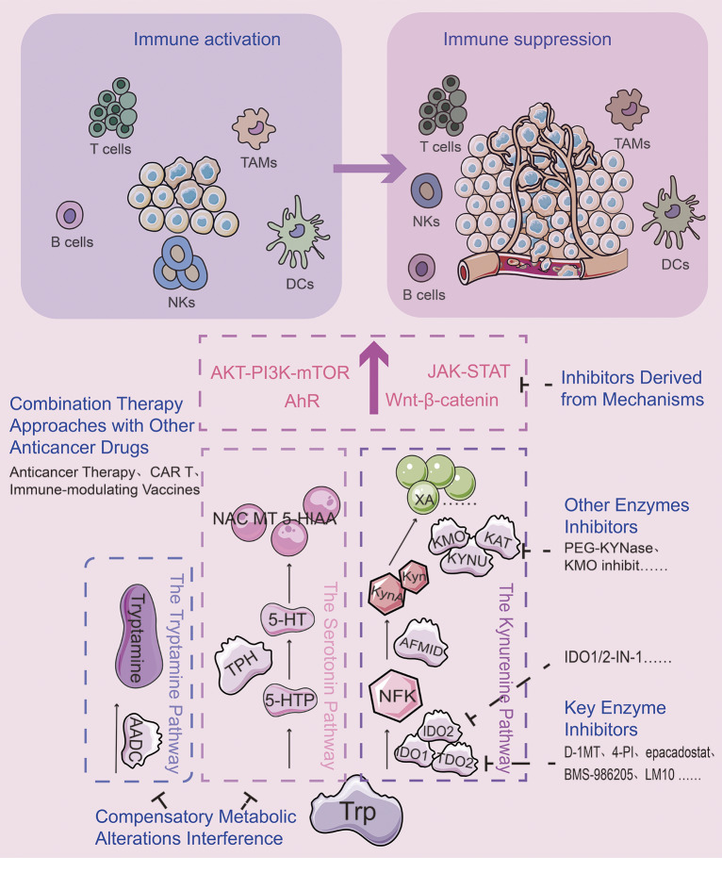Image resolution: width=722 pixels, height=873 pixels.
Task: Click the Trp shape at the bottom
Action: click(356, 812)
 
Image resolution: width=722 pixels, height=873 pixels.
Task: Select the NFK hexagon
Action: click(397, 696)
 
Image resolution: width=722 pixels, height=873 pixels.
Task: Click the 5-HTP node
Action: click(290, 700)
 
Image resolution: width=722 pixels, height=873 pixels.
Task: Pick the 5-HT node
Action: click(287, 619)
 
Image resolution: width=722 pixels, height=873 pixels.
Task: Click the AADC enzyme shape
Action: click(138, 740)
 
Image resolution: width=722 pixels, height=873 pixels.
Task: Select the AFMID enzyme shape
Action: click(420, 644)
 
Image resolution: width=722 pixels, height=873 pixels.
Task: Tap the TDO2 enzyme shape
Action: click(455, 760)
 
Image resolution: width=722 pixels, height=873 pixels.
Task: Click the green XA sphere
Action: click(425, 498)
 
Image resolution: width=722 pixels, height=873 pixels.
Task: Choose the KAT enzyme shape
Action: click(497, 538)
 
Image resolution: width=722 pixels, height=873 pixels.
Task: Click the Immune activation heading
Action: click(206, 39)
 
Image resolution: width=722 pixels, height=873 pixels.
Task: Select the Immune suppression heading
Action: click(527, 39)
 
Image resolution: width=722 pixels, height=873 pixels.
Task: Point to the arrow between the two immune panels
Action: click(369, 168)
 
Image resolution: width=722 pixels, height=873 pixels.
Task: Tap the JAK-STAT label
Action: click(468, 371)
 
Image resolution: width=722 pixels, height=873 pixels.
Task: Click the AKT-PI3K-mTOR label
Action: click(280, 372)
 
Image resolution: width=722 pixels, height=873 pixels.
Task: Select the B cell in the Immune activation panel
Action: click(70, 215)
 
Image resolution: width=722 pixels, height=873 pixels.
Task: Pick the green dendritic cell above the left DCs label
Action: click(297, 232)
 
